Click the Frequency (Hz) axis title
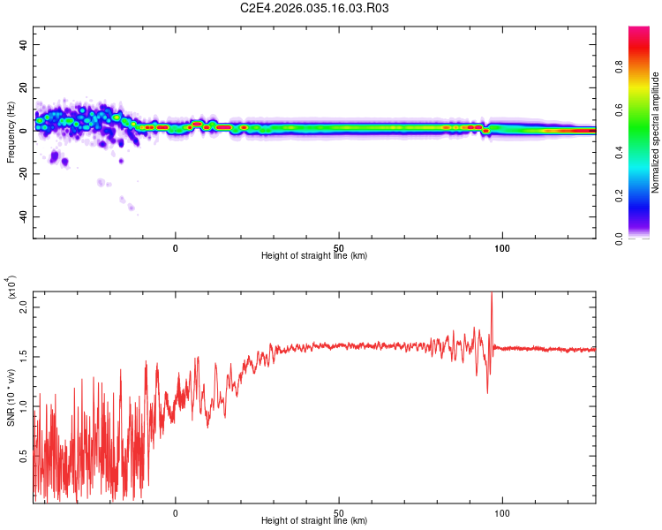(11, 132)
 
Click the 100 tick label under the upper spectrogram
(502, 246)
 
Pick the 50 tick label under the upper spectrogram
(339, 246)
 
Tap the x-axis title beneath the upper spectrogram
(314, 256)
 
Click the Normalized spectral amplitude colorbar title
(655, 132)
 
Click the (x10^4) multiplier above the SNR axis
(11, 290)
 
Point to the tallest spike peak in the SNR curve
(492, 293)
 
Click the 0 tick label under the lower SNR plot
(176, 511)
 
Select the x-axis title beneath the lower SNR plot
(314, 521)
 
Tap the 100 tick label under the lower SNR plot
(502, 511)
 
